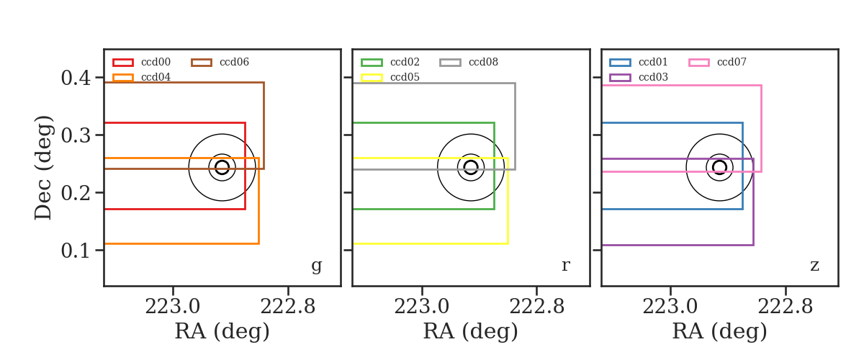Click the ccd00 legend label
[156, 62]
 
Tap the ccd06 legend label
[234, 62]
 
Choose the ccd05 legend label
[405, 77]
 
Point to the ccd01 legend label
[653, 62]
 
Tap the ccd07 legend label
[732, 62]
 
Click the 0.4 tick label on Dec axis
[76, 78]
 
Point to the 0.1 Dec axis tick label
[76, 251]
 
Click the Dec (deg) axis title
[42, 168]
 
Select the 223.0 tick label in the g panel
[172, 307]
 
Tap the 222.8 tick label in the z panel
[786, 307]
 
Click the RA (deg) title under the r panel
[471, 331]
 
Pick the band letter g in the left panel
[316, 266]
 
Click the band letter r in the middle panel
[565, 265]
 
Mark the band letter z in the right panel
[814, 266]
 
